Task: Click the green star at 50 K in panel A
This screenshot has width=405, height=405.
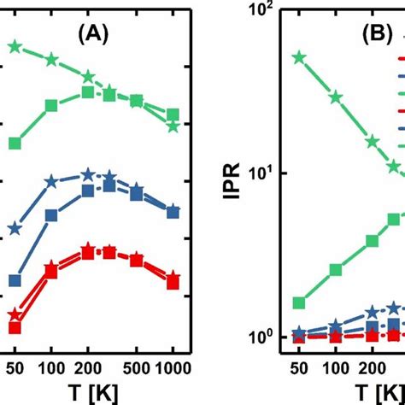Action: (14, 46)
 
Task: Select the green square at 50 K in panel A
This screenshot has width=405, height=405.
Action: (14, 143)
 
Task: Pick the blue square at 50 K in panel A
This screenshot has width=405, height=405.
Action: (14, 280)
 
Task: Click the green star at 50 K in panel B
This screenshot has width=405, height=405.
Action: (299, 58)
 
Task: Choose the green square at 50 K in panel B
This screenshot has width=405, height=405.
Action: (299, 303)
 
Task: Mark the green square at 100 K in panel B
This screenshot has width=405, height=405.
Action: (336, 270)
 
